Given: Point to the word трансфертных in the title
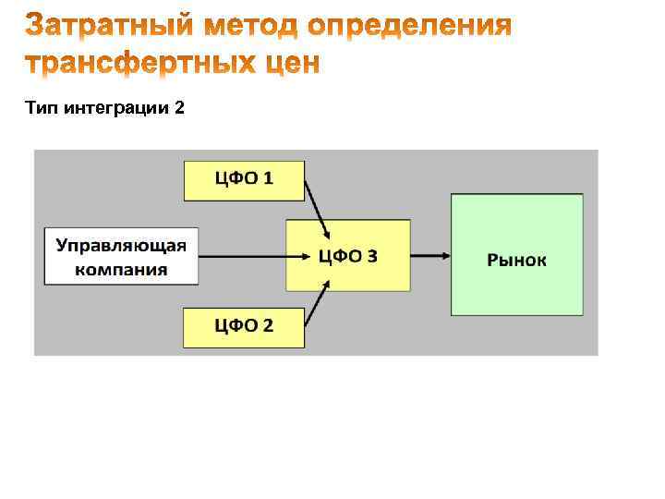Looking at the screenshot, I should [x=140, y=63].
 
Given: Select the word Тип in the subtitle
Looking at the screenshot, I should [x=41, y=109].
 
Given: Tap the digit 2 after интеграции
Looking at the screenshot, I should [x=178, y=109].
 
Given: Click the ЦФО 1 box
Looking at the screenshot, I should [x=244, y=180].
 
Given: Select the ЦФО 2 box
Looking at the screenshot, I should [x=244, y=326].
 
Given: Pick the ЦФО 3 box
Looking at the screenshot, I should [x=347, y=256].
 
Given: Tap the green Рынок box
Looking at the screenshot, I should [x=516, y=254].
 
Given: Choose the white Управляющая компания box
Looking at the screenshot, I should [x=121, y=256].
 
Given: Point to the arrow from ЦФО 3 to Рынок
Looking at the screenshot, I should [x=430, y=255].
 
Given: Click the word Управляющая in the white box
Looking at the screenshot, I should [x=121, y=246].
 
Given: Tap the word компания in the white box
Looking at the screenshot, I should [x=121, y=269].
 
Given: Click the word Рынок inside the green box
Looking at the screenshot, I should [x=516, y=260].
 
